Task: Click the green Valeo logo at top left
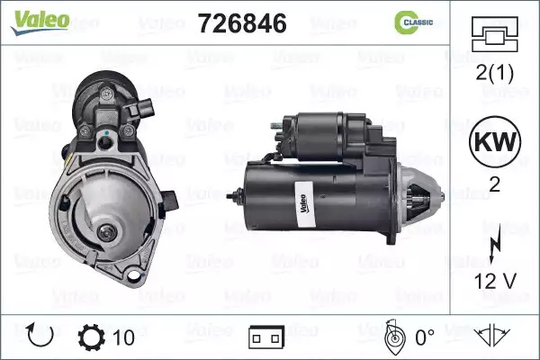[40, 22]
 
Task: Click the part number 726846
[242, 23]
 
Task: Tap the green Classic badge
[413, 22]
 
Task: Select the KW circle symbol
[495, 141]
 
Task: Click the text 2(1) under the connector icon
[494, 73]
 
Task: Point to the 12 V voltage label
[495, 281]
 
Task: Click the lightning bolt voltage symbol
[495, 243]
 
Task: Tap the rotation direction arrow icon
[40, 335]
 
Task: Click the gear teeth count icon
[91, 337]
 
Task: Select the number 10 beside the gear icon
[124, 337]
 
